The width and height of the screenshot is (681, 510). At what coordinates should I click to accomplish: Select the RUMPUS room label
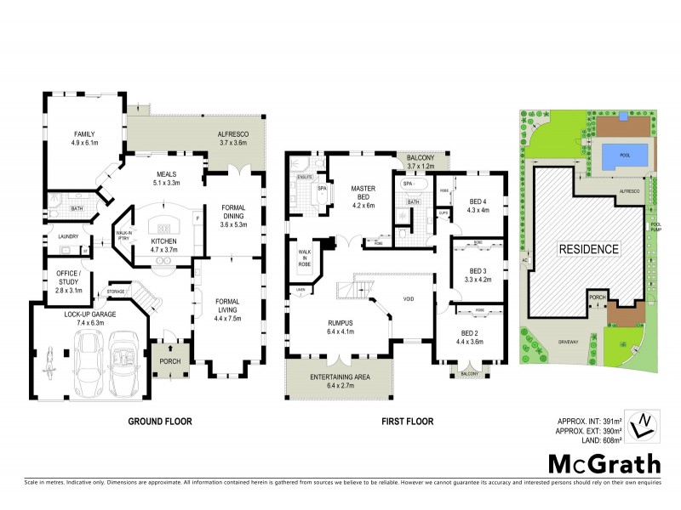click(340, 322)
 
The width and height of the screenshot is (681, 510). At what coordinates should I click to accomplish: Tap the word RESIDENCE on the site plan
click(587, 249)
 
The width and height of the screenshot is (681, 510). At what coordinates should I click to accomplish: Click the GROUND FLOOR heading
click(159, 421)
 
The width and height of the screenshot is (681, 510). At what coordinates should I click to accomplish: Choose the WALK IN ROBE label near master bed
click(304, 258)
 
